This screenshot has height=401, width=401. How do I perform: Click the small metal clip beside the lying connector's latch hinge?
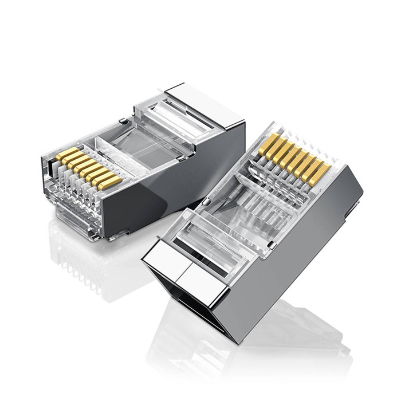[x=123, y=121]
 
